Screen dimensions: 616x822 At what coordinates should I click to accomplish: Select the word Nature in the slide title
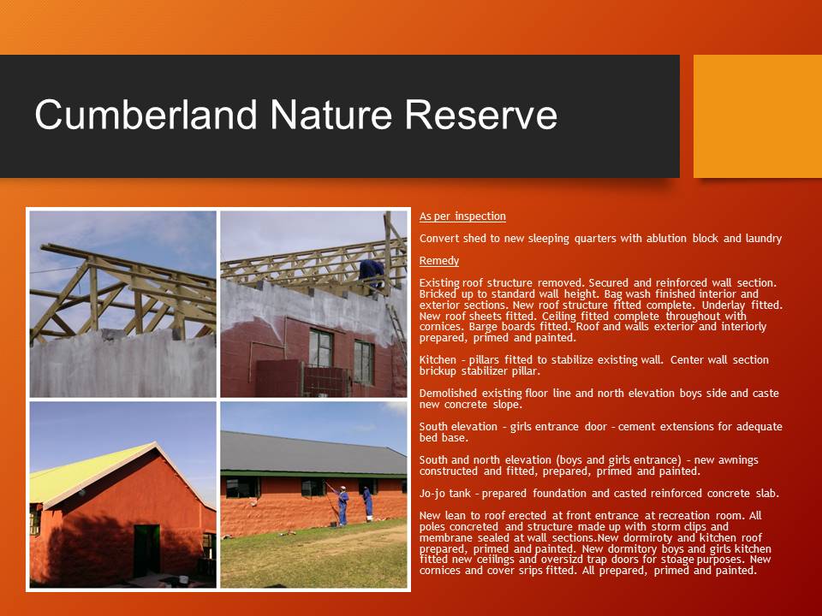coord(332,115)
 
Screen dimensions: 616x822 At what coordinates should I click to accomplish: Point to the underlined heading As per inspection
coord(462,216)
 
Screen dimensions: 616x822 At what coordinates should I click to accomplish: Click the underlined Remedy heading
coord(438,260)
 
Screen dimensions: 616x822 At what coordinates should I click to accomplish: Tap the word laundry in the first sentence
coord(762,239)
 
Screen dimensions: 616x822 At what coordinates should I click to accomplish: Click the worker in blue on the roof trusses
coord(372,271)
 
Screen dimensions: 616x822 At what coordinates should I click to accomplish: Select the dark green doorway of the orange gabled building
coord(146,550)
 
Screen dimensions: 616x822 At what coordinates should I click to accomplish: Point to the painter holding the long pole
coord(342,505)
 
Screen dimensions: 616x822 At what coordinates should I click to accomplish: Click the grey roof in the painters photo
coord(313,453)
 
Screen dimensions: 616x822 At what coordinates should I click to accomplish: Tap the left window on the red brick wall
coord(320,347)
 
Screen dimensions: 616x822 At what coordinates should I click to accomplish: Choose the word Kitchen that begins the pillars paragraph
coord(438,360)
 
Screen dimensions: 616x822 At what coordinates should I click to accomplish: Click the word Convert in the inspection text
coord(439,239)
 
